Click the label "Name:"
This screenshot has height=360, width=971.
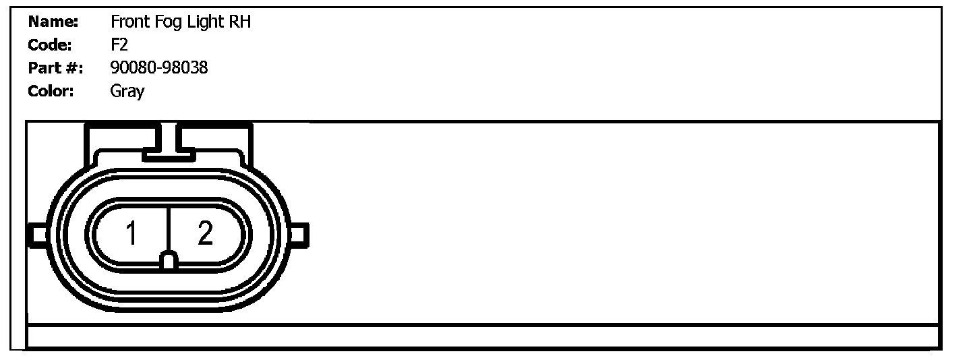[53, 22]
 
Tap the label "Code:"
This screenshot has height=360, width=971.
[50, 44]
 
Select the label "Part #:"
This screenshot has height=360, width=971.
[55, 67]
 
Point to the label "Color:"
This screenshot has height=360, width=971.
[51, 90]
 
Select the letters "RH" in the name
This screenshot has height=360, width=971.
[240, 22]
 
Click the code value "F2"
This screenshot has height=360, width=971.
[119, 44]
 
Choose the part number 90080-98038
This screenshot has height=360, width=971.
[158, 67]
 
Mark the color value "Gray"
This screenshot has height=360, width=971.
[127, 91]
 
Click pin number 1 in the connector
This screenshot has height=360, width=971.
[131, 234]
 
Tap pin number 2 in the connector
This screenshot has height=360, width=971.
[205, 233]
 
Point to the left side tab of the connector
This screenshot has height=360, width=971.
[36, 234]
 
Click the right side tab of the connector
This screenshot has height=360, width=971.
[300, 234]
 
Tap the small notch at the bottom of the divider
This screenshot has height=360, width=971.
[169, 261]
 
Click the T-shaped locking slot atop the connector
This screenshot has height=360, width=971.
[169, 145]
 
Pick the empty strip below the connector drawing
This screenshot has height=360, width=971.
[482, 336]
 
